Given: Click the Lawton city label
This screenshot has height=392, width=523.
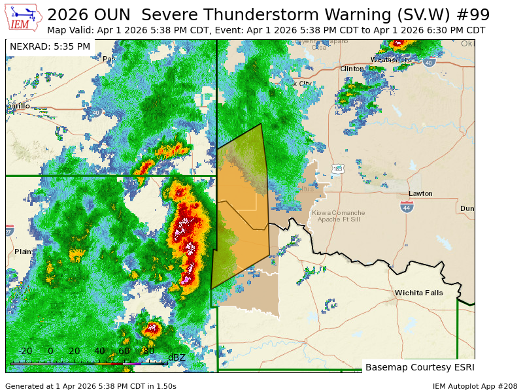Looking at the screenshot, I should tap(420, 194).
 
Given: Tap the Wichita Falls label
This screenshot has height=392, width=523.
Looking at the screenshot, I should tap(418, 293).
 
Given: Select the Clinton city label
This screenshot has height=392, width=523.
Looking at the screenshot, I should tap(352, 69).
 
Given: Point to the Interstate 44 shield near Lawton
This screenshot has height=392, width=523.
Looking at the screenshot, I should tap(407, 206).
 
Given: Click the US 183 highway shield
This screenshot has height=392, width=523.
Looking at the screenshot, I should tap(337, 169).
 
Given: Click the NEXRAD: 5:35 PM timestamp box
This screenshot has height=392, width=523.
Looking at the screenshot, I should tap(50, 47).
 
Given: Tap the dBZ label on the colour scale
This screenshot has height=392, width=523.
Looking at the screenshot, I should tap(177, 357).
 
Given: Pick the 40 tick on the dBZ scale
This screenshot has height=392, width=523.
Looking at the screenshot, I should tap(99, 351).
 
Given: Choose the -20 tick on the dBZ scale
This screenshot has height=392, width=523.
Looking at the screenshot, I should tap(25, 351).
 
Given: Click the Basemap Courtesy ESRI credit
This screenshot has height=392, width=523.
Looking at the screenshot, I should tap(420, 367).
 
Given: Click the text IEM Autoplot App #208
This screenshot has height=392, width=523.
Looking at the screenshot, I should tap(475, 386).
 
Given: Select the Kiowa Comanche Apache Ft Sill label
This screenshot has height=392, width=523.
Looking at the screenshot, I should tap(338, 216).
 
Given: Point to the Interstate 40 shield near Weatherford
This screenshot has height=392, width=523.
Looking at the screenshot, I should tap(428, 63).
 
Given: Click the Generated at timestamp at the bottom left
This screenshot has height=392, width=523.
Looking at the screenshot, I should tap(91, 386).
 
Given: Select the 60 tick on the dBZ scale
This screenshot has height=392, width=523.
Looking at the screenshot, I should tap(124, 351).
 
